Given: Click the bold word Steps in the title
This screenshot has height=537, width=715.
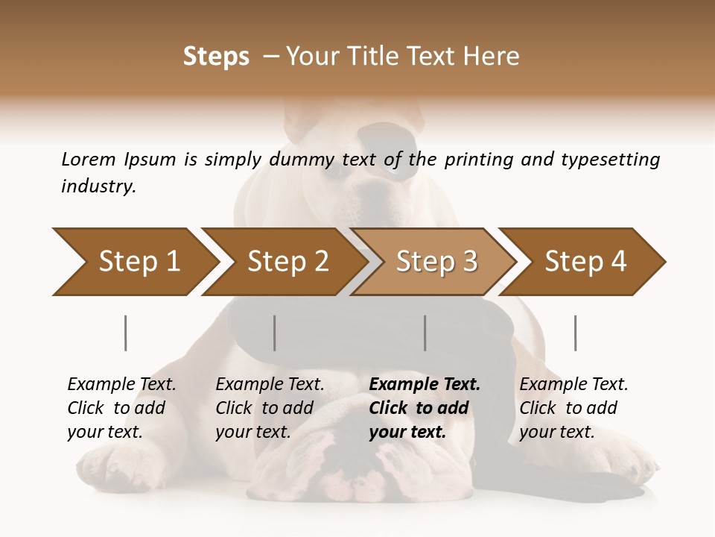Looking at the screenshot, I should tap(216, 57).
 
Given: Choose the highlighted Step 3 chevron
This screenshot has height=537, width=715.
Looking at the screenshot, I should tap(436, 262).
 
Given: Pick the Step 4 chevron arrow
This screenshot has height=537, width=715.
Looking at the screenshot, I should tap(585, 262).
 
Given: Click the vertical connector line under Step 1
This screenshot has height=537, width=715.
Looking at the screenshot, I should tap(126, 333).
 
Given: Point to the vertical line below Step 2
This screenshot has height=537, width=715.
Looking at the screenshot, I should tap(275, 333).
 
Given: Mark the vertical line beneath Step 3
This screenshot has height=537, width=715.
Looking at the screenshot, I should tap(425, 333).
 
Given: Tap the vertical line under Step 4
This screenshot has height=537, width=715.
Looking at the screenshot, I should tap(576, 333).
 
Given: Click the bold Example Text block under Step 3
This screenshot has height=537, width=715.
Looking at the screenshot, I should tap(425, 408).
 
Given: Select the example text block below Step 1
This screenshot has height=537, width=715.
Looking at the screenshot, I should tap(121, 408).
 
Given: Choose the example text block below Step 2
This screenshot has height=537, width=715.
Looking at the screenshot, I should tap(270, 408).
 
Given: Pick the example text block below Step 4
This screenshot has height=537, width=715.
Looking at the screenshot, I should tap(573, 408).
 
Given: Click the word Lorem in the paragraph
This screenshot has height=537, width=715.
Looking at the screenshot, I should tap(88, 159).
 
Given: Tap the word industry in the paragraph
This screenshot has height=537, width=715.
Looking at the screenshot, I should tap(98, 186).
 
